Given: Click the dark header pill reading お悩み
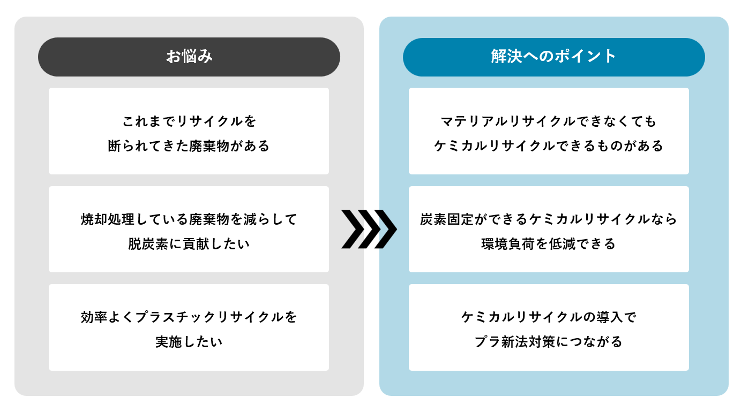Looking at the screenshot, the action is tap(189, 57).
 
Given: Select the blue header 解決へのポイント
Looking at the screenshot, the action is tap(553, 57).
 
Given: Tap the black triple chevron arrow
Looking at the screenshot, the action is tap(369, 230).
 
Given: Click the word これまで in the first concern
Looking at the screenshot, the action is tap(149, 121).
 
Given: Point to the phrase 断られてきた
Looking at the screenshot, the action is tap(148, 146).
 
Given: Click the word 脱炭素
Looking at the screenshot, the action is tap(147, 244).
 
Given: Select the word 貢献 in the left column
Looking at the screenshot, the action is tap(195, 244).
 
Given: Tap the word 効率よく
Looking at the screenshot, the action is tap(108, 317).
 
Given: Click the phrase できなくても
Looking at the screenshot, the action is tap(616, 121).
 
